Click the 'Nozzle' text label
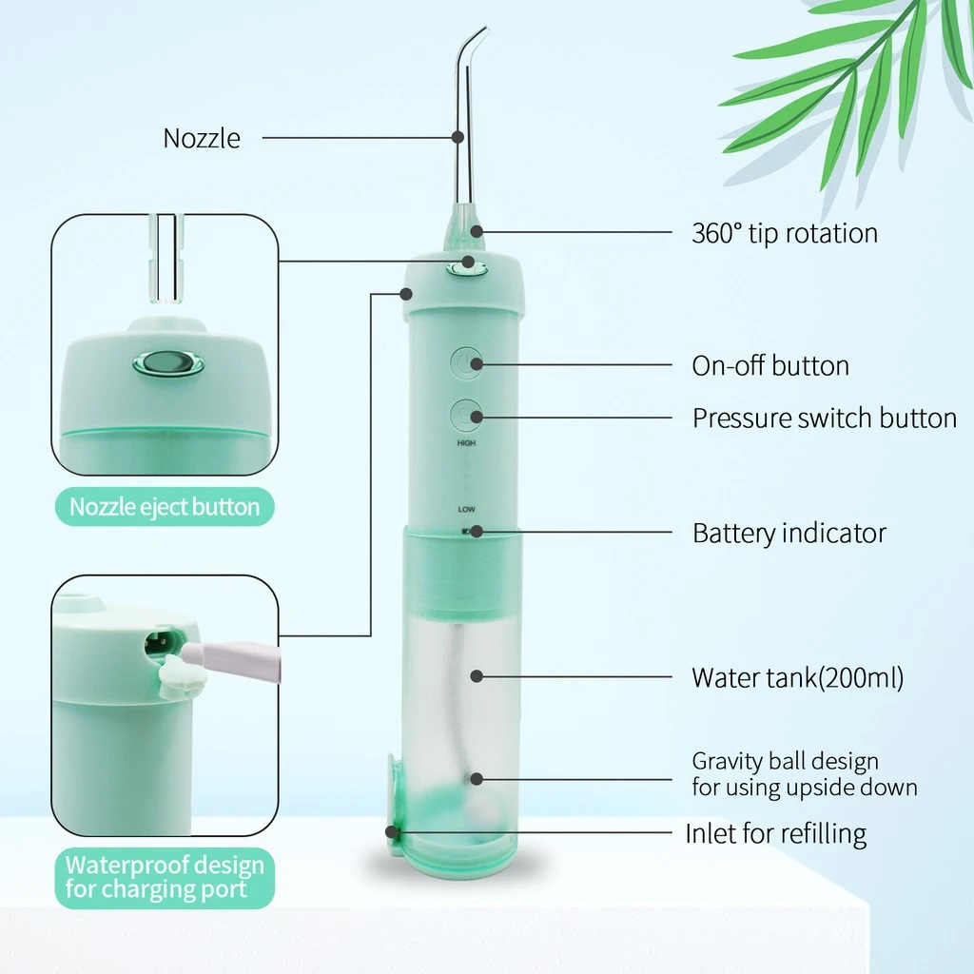click(x=202, y=138)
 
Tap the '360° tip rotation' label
click(x=785, y=234)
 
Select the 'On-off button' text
click(x=770, y=366)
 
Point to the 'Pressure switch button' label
click(x=825, y=419)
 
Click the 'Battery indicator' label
click(x=789, y=533)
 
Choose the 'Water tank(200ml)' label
click(x=798, y=677)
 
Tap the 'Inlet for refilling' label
click(x=776, y=833)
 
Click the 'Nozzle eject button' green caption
click(x=165, y=507)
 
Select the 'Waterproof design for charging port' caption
click(x=165, y=877)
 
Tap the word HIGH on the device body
click(x=466, y=443)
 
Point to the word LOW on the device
click(x=466, y=510)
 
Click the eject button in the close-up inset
click(x=168, y=363)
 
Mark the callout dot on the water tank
click(x=477, y=676)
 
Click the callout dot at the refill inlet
click(x=391, y=831)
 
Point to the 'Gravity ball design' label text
click(x=785, y=761)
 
